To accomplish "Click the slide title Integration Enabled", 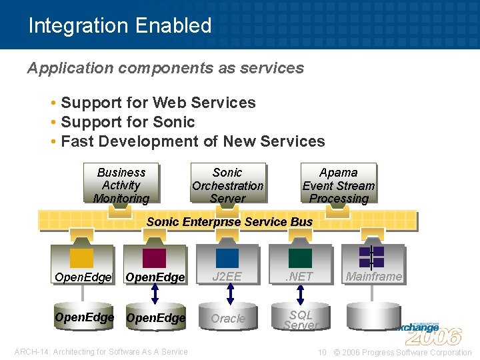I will [x=120, y=25].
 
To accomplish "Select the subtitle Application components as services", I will [x=165, y=68].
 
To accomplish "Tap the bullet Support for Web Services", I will [x=158, y=103].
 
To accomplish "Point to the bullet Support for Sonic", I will [x=127, y=122].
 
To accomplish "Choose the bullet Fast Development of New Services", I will [x=193, y=141].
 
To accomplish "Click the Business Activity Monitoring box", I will [x=121, y=185].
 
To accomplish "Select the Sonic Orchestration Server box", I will [x=227, y=185].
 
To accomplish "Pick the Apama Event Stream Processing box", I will [x=338, y=185].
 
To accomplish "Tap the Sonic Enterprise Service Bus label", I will [x=229, y=221].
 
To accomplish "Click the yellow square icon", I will [x=81, y=257].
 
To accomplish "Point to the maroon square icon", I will [x=155, y=257].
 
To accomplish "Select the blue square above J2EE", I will [x=227, y=257].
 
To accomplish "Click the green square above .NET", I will [x=300, y=257].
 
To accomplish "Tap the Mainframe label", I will [x=373, y=276].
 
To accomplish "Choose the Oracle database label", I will [x=228, y=319].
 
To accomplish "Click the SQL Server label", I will [x=301, y=319].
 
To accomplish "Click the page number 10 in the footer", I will [x=322, y=352].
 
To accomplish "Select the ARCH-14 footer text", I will [x=101, y=352].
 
